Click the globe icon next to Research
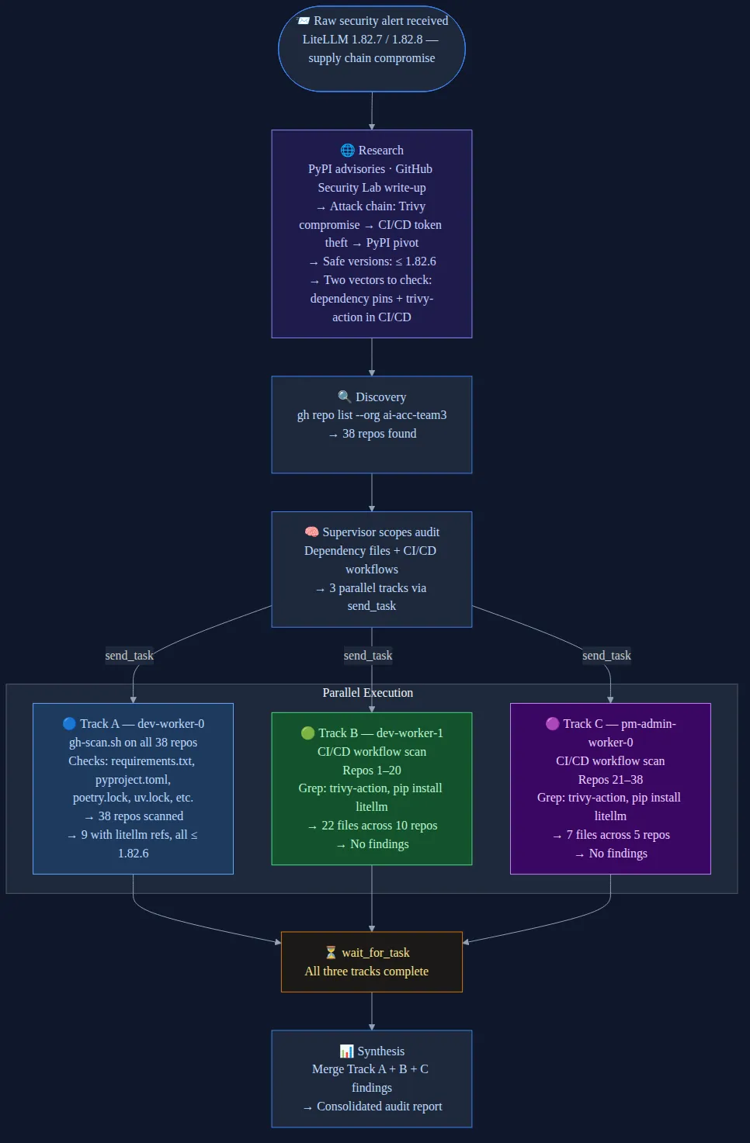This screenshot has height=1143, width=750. [x=347, y=151]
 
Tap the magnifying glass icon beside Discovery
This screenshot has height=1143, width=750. [x=345, y=397]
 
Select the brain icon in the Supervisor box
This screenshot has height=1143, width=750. [x=311, y=532]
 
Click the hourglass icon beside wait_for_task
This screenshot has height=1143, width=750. [x=331, y=953]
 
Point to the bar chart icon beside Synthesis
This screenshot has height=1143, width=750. [x=346, y=1051]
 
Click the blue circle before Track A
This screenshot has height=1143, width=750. [x=69, y=724]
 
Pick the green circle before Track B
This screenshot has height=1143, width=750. [x=307, y=733]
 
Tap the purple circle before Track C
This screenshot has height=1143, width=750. [x=553, y=724]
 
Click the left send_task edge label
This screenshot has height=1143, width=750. [x=130, y=656]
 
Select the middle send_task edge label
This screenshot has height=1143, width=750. [x=368, y=656]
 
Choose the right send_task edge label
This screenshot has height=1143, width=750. [x=606, y=656]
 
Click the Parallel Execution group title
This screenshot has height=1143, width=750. [x=368, y=693]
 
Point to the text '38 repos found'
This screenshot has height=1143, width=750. [x=379, y=434]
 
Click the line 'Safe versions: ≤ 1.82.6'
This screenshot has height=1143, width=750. [x=379, y=262]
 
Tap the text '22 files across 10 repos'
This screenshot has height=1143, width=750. [x=379, y=826]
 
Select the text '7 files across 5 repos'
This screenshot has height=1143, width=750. [x=617, y=835]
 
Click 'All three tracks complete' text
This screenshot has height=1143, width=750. [x=366, y=972]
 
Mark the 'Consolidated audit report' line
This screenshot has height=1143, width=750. [x=379, y=1107]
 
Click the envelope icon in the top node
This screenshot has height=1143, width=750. [x=304, y=21]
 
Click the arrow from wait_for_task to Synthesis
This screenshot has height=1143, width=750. [x=372, y=1011]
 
